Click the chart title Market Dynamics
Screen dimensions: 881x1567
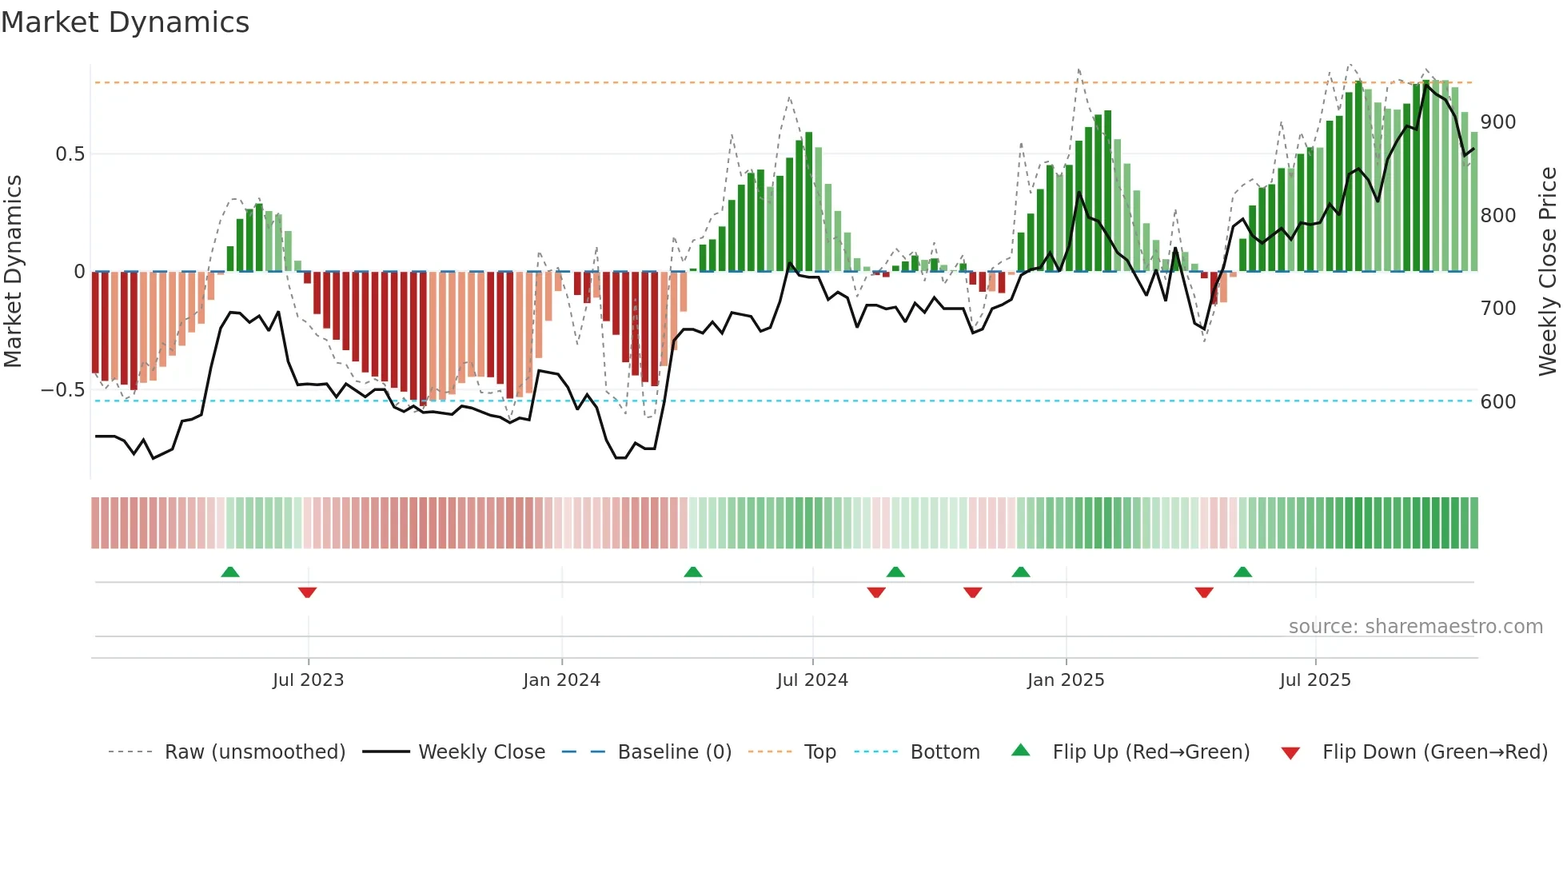coord(126,22)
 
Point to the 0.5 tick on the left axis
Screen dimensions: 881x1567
coord(70,154)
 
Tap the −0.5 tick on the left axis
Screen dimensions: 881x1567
coord(63,390)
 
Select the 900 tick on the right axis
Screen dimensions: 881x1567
coord(1497,122)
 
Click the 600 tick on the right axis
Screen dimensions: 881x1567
coord(1497,402)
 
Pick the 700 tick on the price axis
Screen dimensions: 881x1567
coord(1497,309)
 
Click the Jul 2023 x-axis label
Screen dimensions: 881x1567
coord(308,680)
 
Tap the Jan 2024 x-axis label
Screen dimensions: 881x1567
coord(561,680)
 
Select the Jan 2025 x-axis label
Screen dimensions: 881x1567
coord(1065,680)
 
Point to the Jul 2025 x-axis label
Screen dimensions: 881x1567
coord(1314,680)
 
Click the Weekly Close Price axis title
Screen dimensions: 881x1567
coord(1548,272)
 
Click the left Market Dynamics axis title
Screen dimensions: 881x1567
coord(13,272)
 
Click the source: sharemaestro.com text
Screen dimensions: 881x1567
coord(1415,627)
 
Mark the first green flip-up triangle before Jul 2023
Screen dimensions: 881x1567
coord(230,572)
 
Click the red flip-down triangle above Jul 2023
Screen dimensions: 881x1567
coord(307,592)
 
